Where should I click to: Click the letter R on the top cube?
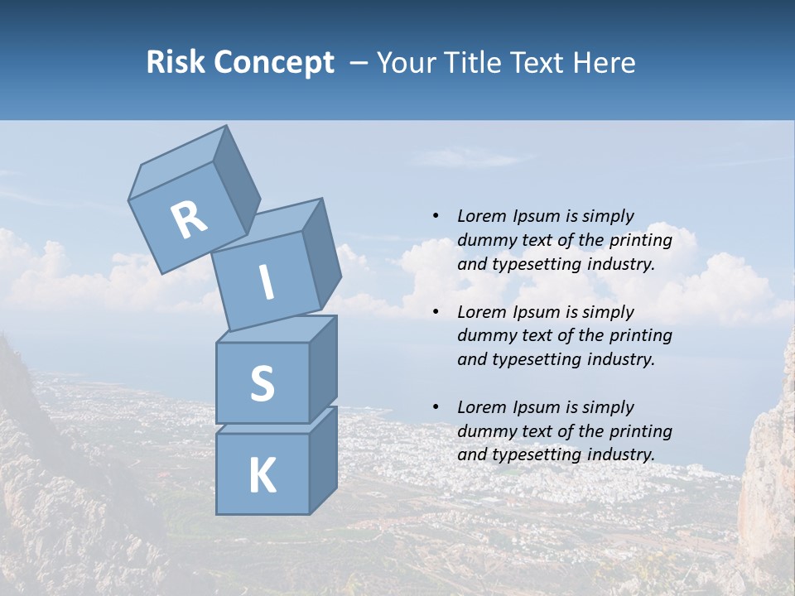tap(189, 219)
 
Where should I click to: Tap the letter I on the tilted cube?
tap(267, 283)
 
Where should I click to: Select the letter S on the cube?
tap(262, 384)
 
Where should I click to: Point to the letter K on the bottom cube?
tap(262, 475)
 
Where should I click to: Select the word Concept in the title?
tap(275, 63)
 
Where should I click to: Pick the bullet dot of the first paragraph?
tap(436, 217)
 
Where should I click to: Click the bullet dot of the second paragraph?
tap(436, 312)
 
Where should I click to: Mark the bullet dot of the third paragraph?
tap(436, 407)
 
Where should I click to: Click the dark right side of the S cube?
tap(323, 369)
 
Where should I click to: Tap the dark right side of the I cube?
tap(321, 252)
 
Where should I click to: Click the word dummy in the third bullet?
tap(486, 431)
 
